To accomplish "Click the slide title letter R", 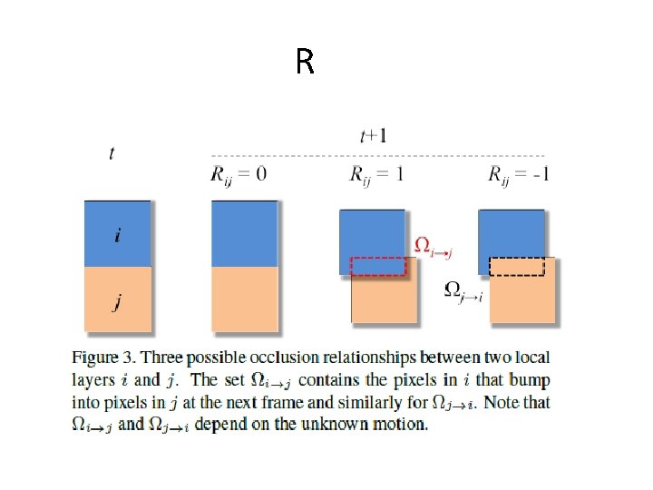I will point(305,63).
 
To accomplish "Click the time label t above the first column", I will point(112,153).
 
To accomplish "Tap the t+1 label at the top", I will point(371,136).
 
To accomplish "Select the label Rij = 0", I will point(239,173).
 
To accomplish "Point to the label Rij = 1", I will point(376,173).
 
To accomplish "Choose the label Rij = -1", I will point(518,173).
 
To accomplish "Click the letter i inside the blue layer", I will point(117,236).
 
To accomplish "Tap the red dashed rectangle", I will point(378,266).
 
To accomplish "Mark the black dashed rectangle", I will point(517,267).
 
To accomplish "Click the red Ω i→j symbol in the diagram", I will point(433,245).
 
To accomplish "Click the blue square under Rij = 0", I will point(244,234).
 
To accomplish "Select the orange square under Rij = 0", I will point(244,299).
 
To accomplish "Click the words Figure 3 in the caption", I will point(103,357).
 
